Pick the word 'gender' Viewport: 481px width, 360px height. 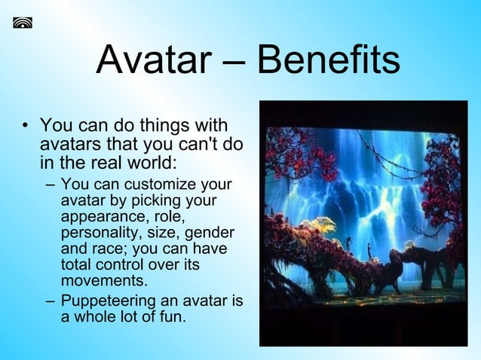[x=213, y=233]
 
